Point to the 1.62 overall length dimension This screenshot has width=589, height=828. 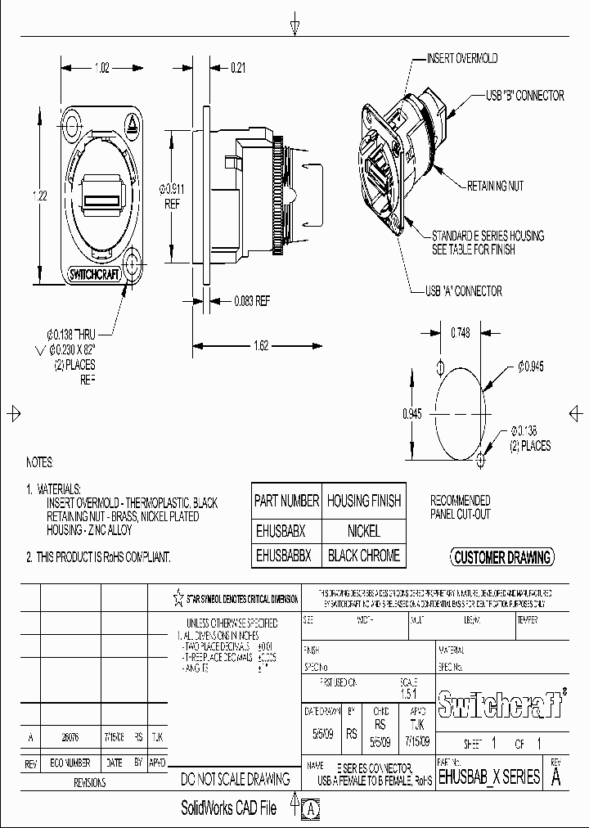pos(261,345)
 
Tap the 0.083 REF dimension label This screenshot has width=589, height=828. pos(251,300)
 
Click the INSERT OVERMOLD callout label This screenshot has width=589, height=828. pos(462,59)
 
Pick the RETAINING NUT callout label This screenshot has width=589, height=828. pos(495,186)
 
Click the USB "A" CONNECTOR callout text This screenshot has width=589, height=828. pos(464,290)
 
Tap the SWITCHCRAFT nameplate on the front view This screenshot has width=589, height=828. pos(96,275)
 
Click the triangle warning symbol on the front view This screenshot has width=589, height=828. pos(130,124)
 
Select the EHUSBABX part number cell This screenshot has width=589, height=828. pos(280,530)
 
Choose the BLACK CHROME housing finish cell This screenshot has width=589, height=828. pos(364,556)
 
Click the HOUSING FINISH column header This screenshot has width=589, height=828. pos(364,501)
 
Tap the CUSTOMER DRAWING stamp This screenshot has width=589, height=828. pos(502,558)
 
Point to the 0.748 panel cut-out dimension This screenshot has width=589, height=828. pos(460,333)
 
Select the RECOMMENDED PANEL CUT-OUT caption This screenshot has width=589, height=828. pos(461,506)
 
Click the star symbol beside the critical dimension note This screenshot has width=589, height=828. pos(178,598)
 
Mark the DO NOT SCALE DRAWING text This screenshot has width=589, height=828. pos(236,780)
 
